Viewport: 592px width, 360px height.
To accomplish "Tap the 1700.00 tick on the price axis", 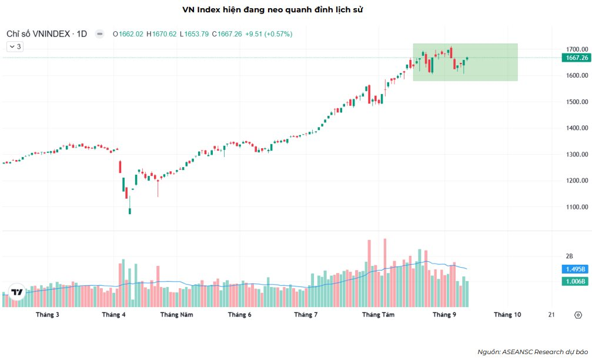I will coord(574,49).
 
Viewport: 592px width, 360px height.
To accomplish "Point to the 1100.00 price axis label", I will coord(574,207).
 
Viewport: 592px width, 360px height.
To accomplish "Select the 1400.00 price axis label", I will coord(574,128).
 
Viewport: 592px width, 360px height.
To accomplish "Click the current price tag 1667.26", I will coord(574,58).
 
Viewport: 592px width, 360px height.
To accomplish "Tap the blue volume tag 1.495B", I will coord(574,269).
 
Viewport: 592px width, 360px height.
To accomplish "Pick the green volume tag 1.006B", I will coord(574,281).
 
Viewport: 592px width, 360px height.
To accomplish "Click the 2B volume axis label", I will coord(568,256).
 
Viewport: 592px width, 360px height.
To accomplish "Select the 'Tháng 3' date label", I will coord(48,315).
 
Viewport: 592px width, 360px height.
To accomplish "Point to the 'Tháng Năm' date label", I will coord(176,315).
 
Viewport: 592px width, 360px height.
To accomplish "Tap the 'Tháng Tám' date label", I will coord(378,315).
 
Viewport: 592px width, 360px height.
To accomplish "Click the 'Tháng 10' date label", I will coord(507,315).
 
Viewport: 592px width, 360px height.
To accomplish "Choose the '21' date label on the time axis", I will coord(551,315).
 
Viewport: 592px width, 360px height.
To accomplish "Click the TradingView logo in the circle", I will coord(17,292).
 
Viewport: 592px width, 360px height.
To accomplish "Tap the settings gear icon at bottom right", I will coord(577,315).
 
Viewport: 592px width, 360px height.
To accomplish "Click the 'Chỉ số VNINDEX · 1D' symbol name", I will coord(46,34).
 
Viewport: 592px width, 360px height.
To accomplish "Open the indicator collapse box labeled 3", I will coord(14,46).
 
